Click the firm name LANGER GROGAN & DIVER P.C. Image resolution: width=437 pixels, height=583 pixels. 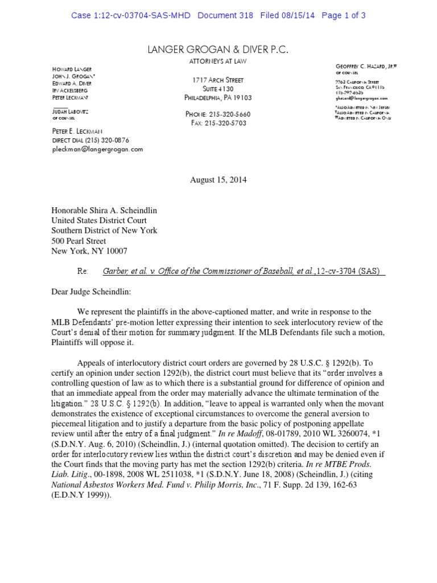[218, 51]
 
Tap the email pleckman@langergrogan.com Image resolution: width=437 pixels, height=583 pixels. [97, 149]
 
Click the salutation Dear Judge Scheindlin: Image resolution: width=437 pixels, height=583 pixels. [91, 291]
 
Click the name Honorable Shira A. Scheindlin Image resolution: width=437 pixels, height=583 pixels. [104, 210]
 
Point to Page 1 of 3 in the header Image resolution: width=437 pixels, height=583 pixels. [343, 15]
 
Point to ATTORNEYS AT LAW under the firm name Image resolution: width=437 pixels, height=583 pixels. [218, 61]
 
